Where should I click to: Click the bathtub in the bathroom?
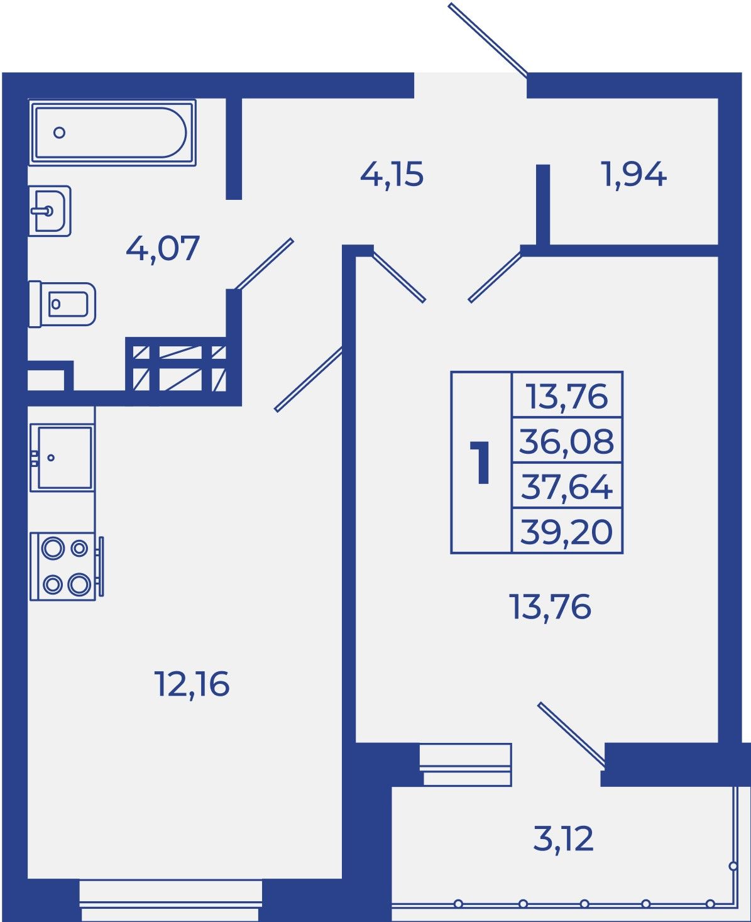point(112,133)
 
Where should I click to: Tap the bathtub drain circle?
point(59,133)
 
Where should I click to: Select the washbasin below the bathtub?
point(50,211)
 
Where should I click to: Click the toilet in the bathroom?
point(62,304)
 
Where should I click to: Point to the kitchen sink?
point(62,458)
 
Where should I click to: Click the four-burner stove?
point(66,567)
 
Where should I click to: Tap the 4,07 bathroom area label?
point(162,249)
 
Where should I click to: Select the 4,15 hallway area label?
point(392,175)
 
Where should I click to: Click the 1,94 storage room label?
point(635,175)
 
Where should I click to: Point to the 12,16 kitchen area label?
point(192,684)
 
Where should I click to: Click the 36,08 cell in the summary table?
point(567,441)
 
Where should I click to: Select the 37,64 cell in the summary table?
point(567,486)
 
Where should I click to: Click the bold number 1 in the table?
point(481,463)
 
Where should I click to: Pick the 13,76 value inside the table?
point(567,396)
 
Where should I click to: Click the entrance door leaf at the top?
point(488,39)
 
